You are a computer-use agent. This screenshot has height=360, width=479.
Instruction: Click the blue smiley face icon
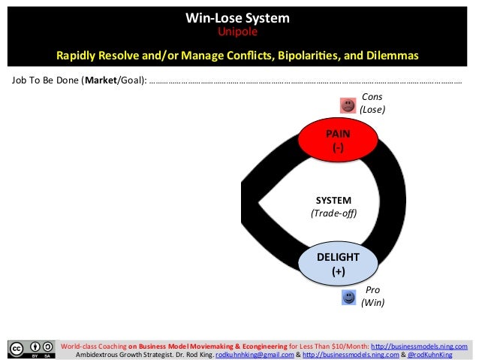[348, 298]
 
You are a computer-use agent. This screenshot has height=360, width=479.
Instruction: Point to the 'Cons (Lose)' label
[372, 103]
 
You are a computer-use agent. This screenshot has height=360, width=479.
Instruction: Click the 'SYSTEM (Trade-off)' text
[333, 207]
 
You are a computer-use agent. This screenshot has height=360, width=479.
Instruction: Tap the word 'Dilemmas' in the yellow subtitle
[391, 56]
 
